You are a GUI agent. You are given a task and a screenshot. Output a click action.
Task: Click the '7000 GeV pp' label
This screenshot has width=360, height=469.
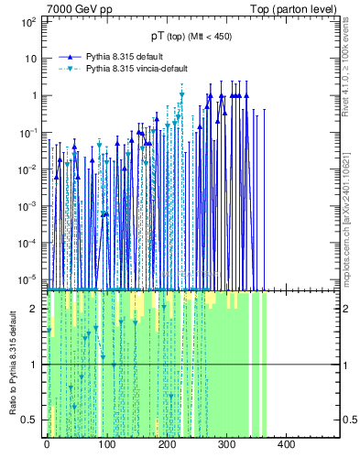(x=80, y=8)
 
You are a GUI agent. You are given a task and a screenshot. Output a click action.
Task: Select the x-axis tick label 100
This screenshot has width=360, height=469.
(x=105, y=445)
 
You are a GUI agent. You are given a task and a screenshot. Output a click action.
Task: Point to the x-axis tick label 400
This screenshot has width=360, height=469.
(x=285, y=445)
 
